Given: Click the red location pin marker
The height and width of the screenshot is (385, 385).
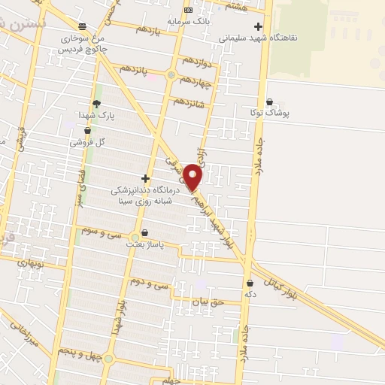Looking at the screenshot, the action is pos(193,177).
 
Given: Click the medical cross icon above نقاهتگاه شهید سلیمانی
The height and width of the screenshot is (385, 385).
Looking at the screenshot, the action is pos(258,26).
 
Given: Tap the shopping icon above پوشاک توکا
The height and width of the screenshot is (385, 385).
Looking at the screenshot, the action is pos(270,102).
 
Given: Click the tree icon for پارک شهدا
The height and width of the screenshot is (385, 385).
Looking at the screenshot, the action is pos(95,104).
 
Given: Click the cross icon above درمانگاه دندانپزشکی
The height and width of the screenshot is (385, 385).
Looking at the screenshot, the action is pos(145,178).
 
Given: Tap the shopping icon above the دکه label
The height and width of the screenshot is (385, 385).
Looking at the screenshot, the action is pos(250,283).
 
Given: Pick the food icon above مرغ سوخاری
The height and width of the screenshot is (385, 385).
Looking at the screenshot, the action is pos(82,26).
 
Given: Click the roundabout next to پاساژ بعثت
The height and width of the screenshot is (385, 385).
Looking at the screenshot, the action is pos(135,238).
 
